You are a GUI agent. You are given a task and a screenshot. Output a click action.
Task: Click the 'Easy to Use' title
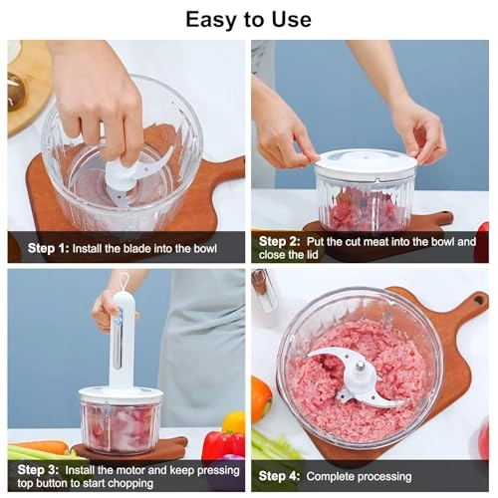tap(249, 19)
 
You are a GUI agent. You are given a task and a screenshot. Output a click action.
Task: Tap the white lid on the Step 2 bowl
tap(365, 163)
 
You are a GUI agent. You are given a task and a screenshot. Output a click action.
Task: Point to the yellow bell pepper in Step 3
tap(234, 421)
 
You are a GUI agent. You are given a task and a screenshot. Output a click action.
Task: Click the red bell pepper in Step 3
tap(221, 445)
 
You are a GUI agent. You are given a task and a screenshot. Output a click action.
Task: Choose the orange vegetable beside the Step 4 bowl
tap(260, 398)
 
